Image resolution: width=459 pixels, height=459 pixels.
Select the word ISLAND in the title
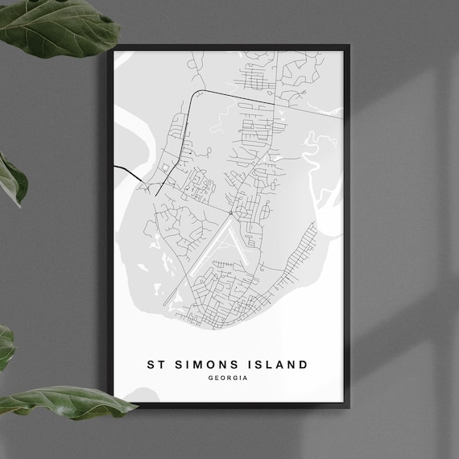click(277, 365)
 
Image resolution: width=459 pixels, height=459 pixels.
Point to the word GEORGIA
click(227, 378)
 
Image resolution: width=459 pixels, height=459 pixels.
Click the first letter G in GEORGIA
click(209, 378)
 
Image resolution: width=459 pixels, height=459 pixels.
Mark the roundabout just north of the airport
click(231, 213)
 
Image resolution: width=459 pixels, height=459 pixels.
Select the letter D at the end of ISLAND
click(303, 365)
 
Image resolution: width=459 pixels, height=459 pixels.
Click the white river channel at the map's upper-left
click(141, 121)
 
